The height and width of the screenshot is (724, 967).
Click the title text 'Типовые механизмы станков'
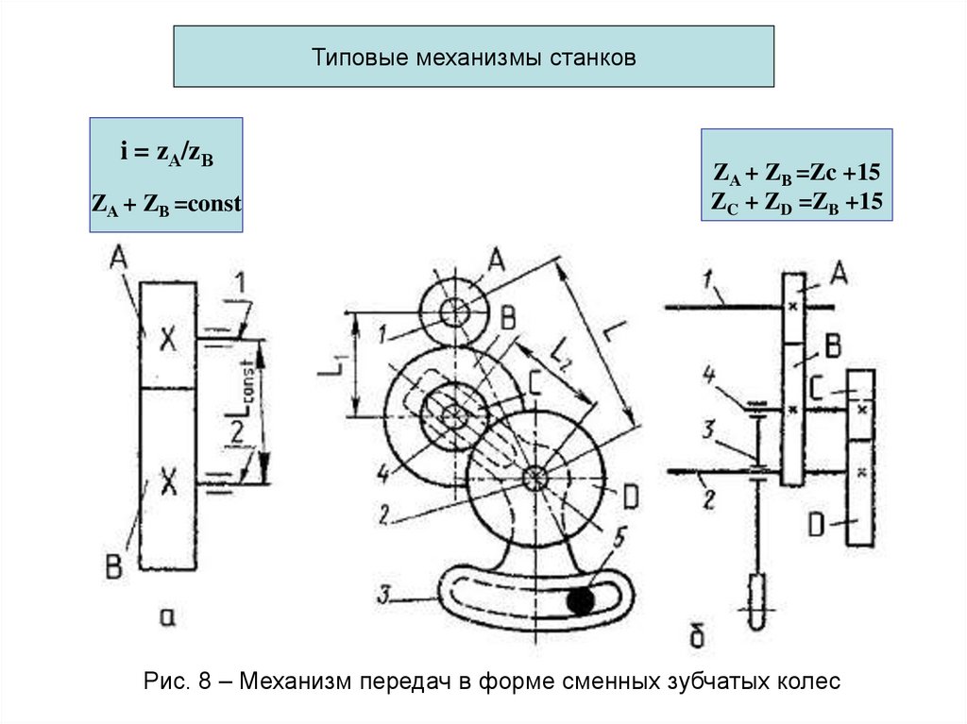point(474,59)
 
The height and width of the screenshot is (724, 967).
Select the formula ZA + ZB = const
point(166,203)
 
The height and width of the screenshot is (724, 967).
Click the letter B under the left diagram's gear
point(113,568)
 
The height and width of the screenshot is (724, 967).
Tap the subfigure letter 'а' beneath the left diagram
point(168,618)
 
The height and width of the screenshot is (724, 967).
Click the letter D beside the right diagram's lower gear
point(818,522)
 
